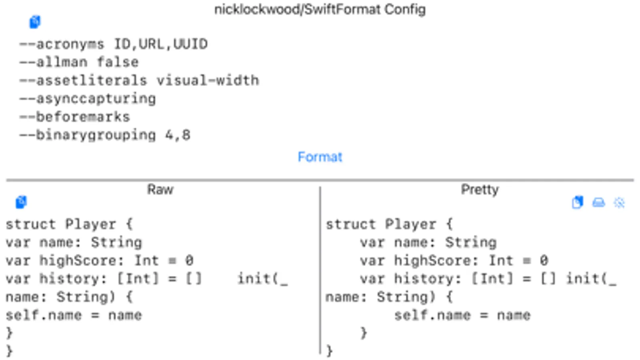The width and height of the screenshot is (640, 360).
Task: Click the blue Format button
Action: click(x=320, y=157)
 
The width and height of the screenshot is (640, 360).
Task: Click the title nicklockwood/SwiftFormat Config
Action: click(x=320, y=10)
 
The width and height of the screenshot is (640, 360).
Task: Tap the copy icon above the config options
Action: click(x=35, y=22)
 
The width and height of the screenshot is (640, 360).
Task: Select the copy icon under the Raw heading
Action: click(x=21, y=202)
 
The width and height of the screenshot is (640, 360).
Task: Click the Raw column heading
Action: click(x=160, y=190)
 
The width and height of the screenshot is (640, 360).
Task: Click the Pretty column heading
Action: click(x=480, y=190)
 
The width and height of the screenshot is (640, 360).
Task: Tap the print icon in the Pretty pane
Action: click(x=598, y=202)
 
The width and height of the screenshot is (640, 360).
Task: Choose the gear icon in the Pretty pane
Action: click(x=619, y=203)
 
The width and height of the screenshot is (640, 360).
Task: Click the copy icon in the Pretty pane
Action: click(x=578, y=202)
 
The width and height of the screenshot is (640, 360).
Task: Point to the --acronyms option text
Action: click(x=62, y=44)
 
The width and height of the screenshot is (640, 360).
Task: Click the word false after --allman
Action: click(x=118, y=62)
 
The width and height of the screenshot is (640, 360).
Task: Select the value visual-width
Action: click(x=208, y=80)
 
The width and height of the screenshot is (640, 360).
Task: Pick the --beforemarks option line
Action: click(x=74, y=117)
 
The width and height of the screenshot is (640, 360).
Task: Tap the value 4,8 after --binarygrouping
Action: click(x=178, y=135)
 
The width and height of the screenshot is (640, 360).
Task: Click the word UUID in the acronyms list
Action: click(x=191, y=44)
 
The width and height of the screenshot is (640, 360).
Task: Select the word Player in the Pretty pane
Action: click(x=411, y=224)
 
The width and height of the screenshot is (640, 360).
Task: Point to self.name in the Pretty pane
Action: click(x=432, y=316)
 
